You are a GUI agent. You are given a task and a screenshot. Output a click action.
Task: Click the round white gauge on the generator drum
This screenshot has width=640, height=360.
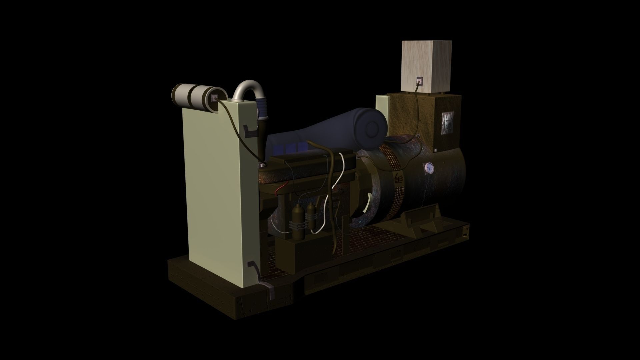(x=429, y=168)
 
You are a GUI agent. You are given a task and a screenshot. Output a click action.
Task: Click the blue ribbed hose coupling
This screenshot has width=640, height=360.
(x=263, y=110)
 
